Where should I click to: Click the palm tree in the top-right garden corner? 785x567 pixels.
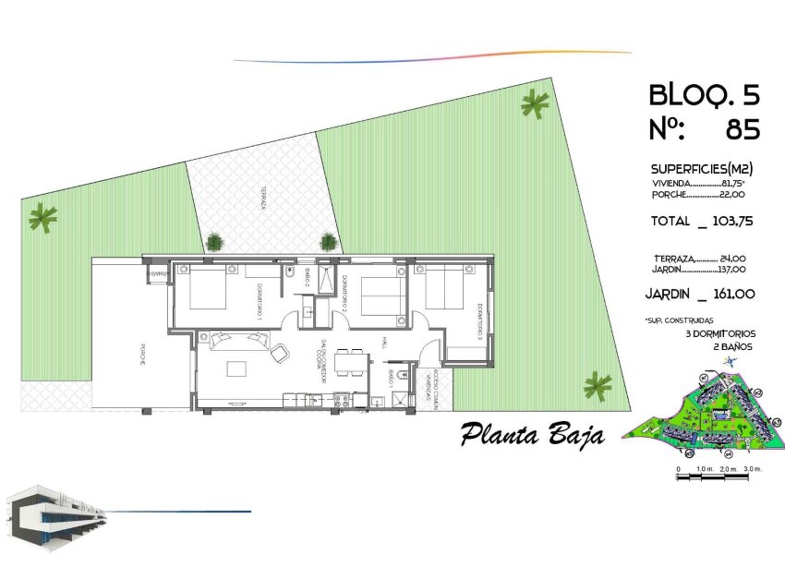pos(534,104)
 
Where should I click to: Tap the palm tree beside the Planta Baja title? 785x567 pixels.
pos(598,384)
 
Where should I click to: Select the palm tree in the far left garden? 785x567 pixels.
pos(42,218)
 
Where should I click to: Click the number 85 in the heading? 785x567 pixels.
pos(743,130)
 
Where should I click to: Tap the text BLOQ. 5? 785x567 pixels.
pos(705,94)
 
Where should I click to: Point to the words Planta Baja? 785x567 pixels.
pos(533,434)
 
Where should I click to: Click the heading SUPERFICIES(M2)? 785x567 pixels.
pos(702,169)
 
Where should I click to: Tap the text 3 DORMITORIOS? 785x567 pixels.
pos(721,332)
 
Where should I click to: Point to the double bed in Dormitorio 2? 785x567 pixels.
pos(380,296)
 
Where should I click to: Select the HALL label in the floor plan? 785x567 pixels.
pos(381,343)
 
